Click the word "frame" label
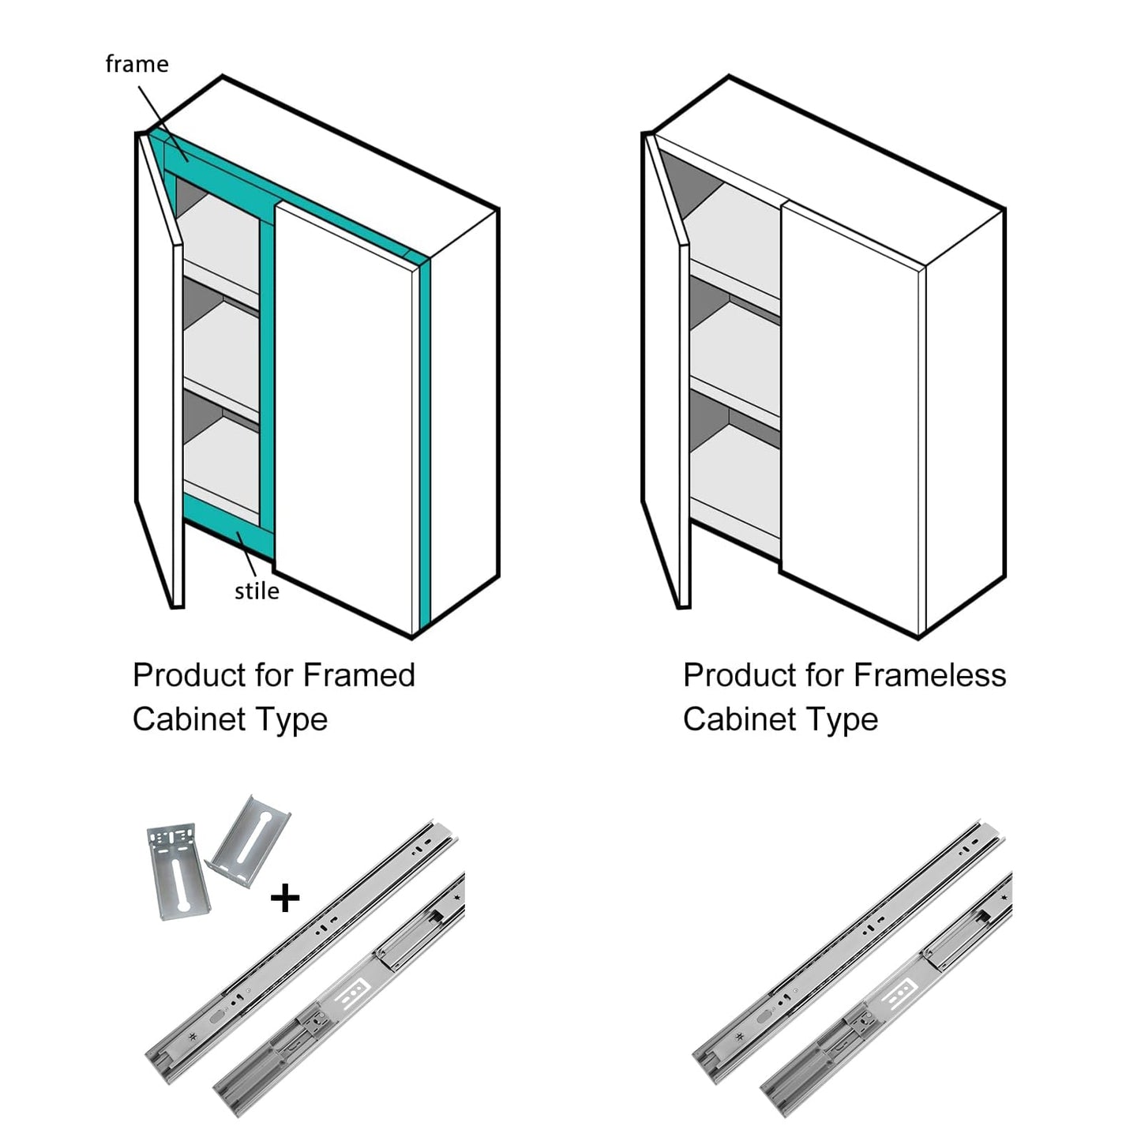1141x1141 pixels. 137,64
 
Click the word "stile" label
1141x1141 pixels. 257,591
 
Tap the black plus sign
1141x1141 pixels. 284,898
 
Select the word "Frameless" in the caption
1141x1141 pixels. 929,676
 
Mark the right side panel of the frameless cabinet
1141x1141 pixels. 965,418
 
